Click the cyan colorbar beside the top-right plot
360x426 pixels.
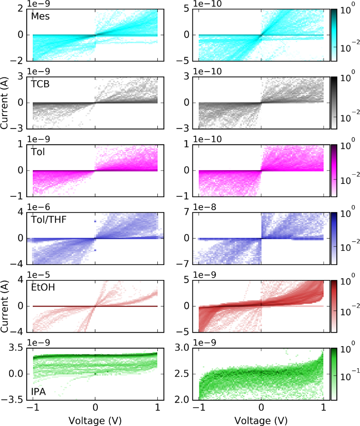point(333,35)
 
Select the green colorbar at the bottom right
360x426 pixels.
point(333,373)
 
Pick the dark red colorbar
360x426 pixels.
point(333,306)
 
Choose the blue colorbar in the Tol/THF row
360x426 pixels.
point(333,238)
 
